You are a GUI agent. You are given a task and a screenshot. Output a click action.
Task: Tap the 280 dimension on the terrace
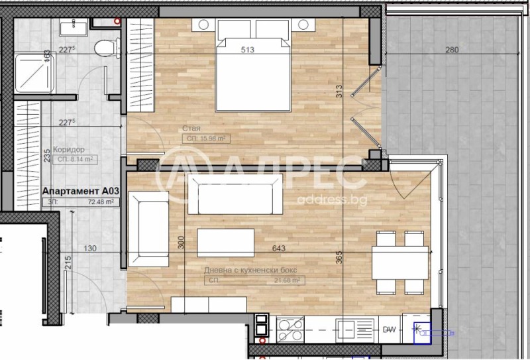click(452, 50)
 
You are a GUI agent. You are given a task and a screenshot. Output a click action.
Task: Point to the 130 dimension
click(91, 249)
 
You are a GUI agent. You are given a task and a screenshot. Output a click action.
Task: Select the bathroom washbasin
click(70, 27)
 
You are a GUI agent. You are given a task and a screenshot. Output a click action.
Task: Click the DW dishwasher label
click(390, 330)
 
